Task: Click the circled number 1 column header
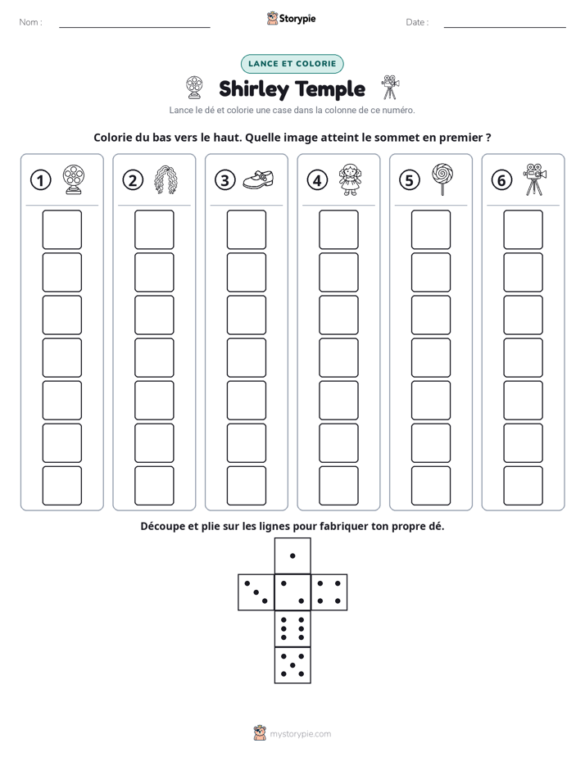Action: pos(40,180)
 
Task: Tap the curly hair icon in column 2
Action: pos(166,179)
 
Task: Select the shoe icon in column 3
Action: pos(258,179)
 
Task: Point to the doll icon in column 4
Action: pos(350,179)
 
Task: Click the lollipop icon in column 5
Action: pos(442,179)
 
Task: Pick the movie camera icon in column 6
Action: pos(534,179)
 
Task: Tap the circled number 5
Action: pos(410,180)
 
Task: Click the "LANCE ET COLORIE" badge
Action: pos(292,64)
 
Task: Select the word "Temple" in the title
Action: pos(329,89)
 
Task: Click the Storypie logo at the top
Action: pos(291,19)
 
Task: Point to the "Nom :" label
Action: pos(30,22)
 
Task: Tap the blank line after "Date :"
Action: pos(505,27)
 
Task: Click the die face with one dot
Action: pos(292,555)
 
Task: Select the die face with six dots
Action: pos(292,628)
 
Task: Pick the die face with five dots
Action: pos(292,665)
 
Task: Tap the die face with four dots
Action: pos(329,592)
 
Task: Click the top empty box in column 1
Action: pos(61,229)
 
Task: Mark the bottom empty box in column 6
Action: pos(523,486)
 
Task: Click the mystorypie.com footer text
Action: pos(300,734)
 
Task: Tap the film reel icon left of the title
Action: pos(194,88)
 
